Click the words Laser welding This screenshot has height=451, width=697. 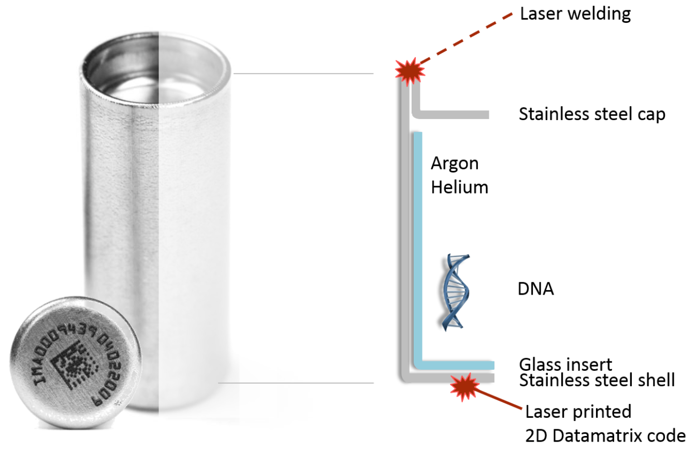(x=575, y=14)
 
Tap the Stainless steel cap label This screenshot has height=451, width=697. (x=592, y=114)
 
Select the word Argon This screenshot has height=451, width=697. (x=455, y=164)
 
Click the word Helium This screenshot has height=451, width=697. (x=459, y=186)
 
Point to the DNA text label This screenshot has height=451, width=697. (x=535, y=289)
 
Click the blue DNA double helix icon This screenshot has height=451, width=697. (x=455, y=291)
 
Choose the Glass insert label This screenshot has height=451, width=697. (x=565, y=365)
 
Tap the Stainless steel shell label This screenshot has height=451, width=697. (x=597, y=381)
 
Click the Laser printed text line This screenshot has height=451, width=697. (x=578, y=412)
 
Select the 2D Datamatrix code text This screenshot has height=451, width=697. (x=605, y=436)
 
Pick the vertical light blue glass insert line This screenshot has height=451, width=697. (x=417, y=243)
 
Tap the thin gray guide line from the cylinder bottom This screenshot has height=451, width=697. (x=295, y=383)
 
